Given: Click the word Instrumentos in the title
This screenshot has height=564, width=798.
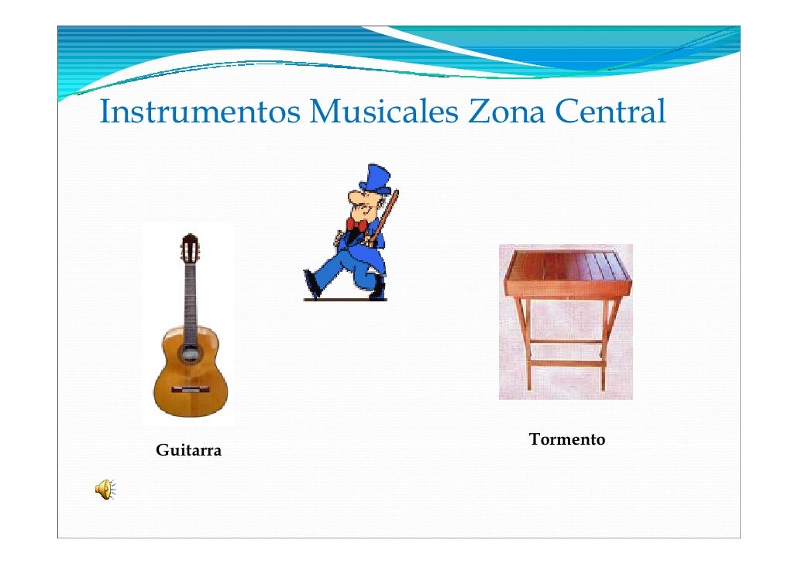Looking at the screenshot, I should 200,113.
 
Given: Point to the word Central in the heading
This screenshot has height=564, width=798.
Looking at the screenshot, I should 611,113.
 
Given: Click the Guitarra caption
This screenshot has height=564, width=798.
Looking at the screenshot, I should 188,450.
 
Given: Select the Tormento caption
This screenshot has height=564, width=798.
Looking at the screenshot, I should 567,440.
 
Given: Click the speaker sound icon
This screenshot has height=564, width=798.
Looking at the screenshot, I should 105,487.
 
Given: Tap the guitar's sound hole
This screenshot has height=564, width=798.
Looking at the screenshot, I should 188,353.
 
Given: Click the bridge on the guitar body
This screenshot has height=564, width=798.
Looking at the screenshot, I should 188,387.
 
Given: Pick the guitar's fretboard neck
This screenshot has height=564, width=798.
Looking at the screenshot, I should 188,298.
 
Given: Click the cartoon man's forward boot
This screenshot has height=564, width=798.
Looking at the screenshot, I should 312,283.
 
